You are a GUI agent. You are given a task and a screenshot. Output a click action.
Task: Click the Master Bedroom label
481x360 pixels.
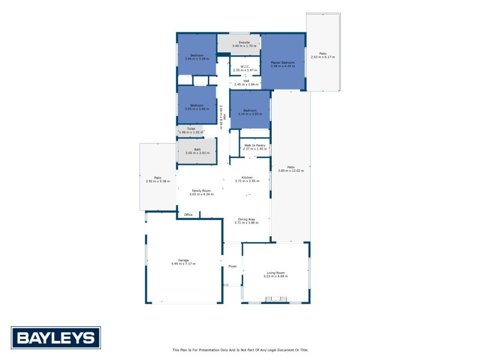tap(283, 63)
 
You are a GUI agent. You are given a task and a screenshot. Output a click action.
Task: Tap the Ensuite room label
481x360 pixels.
tap(244, 43)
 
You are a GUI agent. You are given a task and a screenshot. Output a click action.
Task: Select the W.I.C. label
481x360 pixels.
tap(245, 67)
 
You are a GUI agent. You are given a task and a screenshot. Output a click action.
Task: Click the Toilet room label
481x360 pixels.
tap(191, 129)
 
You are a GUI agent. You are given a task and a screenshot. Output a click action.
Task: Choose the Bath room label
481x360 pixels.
tap(197, 150)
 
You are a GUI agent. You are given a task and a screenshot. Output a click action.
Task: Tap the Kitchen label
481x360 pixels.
tap(247, 177)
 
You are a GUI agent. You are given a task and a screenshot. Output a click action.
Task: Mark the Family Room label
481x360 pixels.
tap(201, 191)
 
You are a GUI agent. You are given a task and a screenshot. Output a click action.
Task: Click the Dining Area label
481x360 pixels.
tap(247, 219)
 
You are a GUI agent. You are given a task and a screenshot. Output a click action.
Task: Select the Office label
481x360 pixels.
tap(188, 215)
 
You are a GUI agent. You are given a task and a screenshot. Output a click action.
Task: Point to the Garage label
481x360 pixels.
tap(183, 260)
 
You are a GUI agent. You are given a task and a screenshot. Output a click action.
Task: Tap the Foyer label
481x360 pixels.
tap(232, 266)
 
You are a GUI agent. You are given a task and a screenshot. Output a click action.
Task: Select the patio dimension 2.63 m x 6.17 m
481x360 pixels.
tap(323, 57)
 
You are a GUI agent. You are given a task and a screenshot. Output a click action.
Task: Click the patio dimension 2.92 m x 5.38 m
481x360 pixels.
tap(158, 181)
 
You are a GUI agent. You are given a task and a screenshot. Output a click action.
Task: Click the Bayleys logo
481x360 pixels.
tap(56, 337)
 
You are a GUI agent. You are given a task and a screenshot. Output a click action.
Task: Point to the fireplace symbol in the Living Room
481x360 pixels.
tap(277, 299)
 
